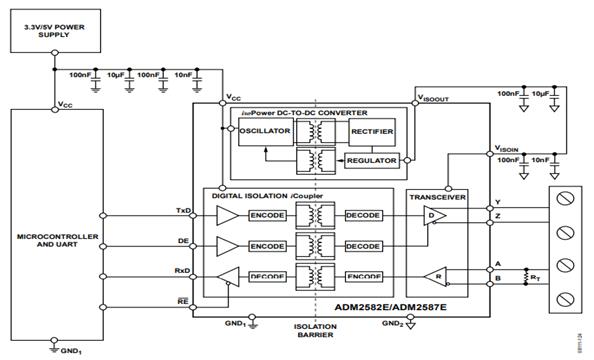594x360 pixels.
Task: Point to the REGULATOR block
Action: [x=370, y=160]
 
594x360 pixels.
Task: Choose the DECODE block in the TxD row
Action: [x=362, y=217]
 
